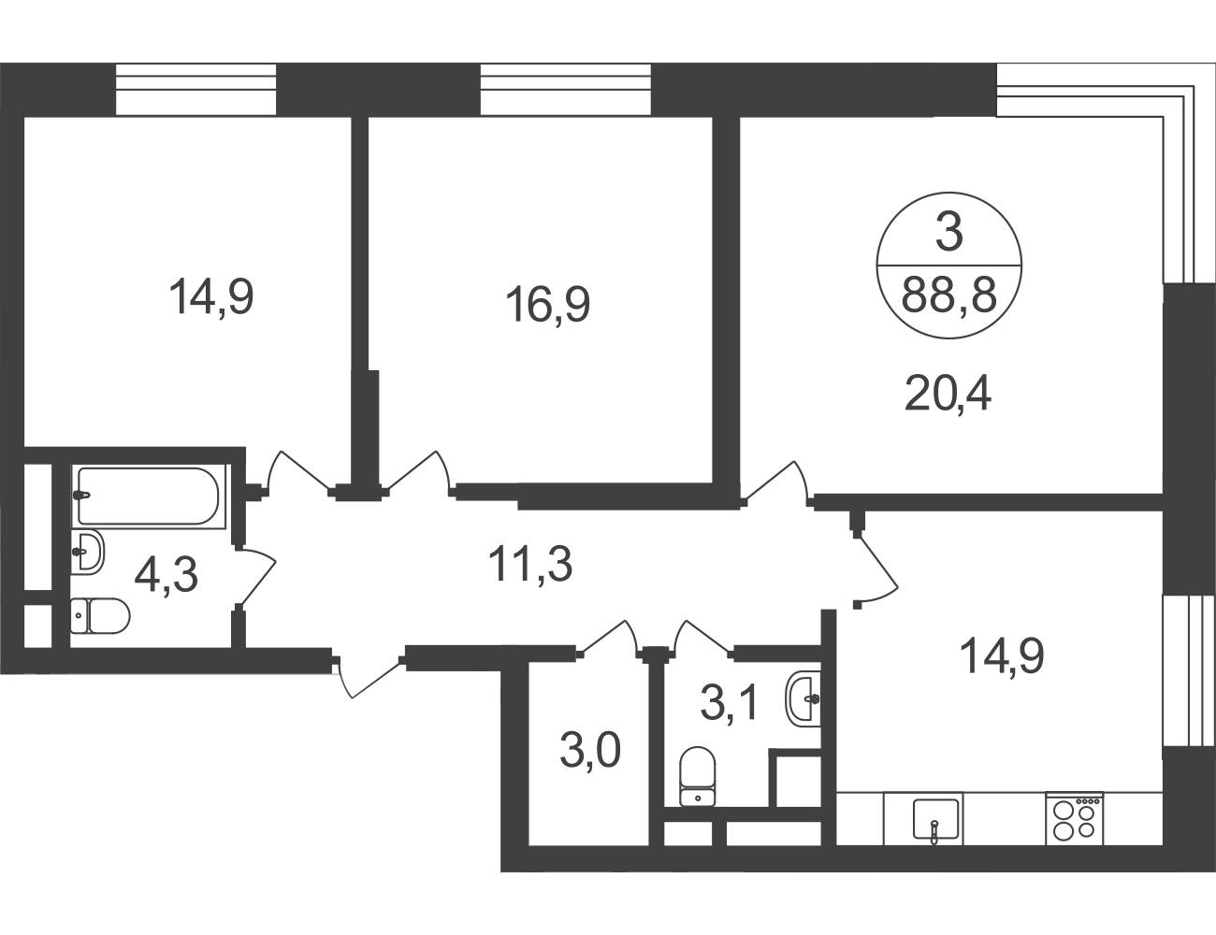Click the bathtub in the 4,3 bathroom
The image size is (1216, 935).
click(149, 496)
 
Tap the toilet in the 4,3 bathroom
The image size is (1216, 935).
click(100, 615)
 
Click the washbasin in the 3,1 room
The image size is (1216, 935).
click(803, 698)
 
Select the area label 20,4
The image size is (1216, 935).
click(948, 394)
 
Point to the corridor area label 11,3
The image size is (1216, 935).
click(530, 564)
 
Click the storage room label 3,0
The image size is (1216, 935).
click(590, 751)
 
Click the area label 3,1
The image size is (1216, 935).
click(730, 703)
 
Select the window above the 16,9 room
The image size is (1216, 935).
click(566, 90)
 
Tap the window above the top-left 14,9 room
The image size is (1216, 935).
click(195, 90)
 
